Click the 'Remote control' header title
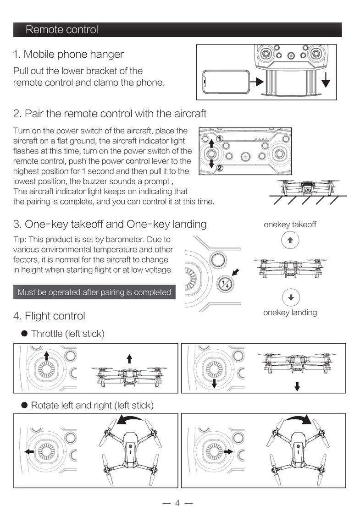pos(62,30)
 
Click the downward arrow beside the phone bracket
pos(326,82)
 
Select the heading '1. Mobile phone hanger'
pos(68,54)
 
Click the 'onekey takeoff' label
pos(290,225)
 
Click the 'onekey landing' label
pos(290,313)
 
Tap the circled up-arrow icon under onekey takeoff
pos(290,240)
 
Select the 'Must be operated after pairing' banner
pos(94,292)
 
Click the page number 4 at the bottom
pos(177,503)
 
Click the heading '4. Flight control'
pos(49,316)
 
